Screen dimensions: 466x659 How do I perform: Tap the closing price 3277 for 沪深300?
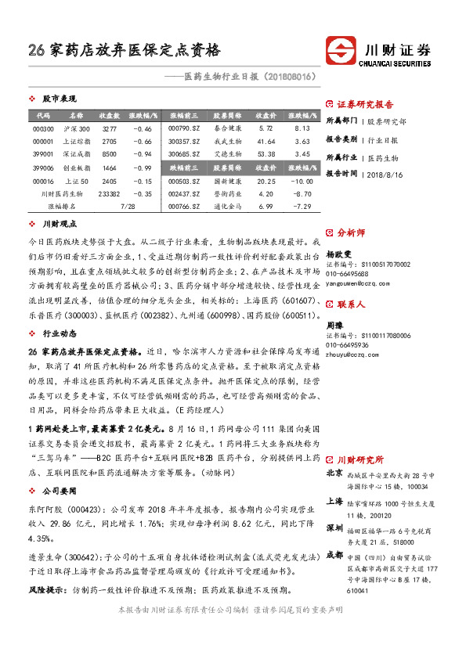click(x=110, y=128)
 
